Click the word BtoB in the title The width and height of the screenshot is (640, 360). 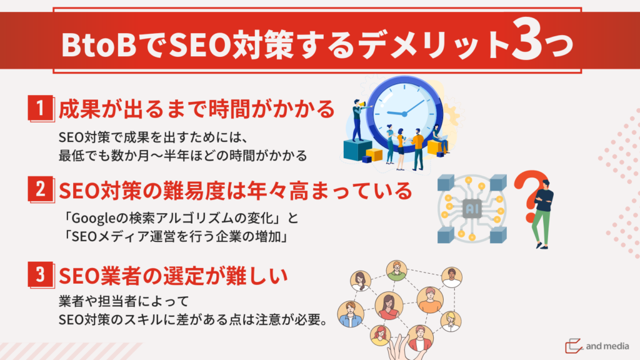99,44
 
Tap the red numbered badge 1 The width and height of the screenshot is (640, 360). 41,108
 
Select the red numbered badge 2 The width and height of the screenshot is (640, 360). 41,189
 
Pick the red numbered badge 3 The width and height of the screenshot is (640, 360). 41,274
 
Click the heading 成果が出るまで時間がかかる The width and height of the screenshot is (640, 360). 197,109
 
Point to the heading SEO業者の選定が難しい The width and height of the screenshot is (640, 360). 174,276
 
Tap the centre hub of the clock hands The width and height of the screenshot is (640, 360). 404,114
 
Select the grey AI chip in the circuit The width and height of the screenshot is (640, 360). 472,209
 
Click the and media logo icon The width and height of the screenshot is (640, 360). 574,346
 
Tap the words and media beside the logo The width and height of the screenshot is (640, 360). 607,346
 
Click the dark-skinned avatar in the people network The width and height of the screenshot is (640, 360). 451,277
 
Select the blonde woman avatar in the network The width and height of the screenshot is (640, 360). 451,321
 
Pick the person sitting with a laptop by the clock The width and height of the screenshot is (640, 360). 439,139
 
